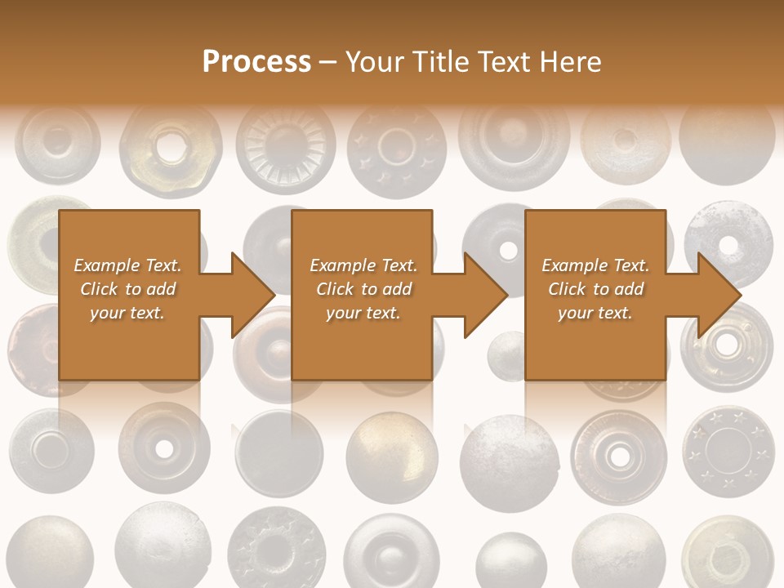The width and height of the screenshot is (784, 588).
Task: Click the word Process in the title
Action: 256,62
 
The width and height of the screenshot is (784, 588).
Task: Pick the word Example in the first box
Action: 108,265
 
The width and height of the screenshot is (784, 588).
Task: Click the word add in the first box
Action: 162,289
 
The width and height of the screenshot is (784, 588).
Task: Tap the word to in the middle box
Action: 370,289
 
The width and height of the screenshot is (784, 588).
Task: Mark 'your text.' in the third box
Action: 595,313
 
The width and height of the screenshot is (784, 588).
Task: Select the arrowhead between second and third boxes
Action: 485,295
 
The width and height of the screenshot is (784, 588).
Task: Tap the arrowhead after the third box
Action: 719,295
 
